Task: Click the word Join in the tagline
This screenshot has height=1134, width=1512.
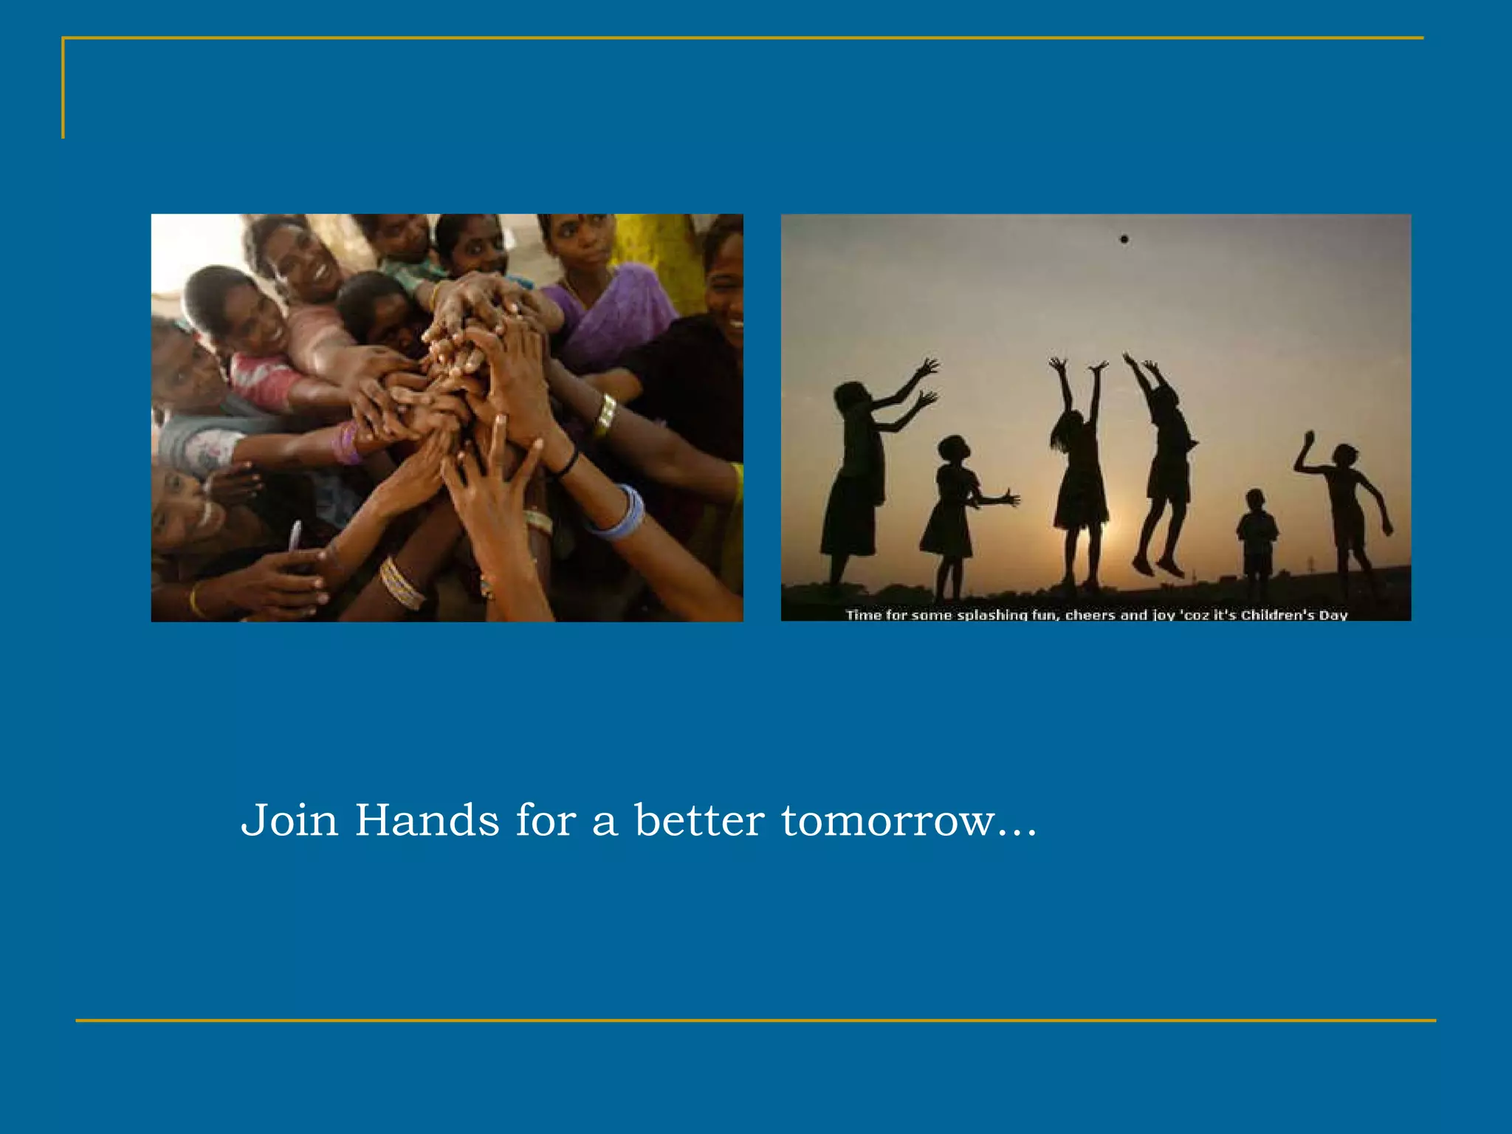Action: click(x=289, y=820)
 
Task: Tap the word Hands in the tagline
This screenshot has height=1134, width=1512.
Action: click(x=427, y=820)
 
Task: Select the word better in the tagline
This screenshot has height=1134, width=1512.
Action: click(x=699, y=820)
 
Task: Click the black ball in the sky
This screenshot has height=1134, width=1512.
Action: click(x=1124, y=239)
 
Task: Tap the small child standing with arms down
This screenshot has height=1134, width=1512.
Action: click(x=1257, y=535)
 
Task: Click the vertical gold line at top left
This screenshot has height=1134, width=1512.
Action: click(x=63, y=89)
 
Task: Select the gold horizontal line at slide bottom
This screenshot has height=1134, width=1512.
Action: click(x=756, y=1021)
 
